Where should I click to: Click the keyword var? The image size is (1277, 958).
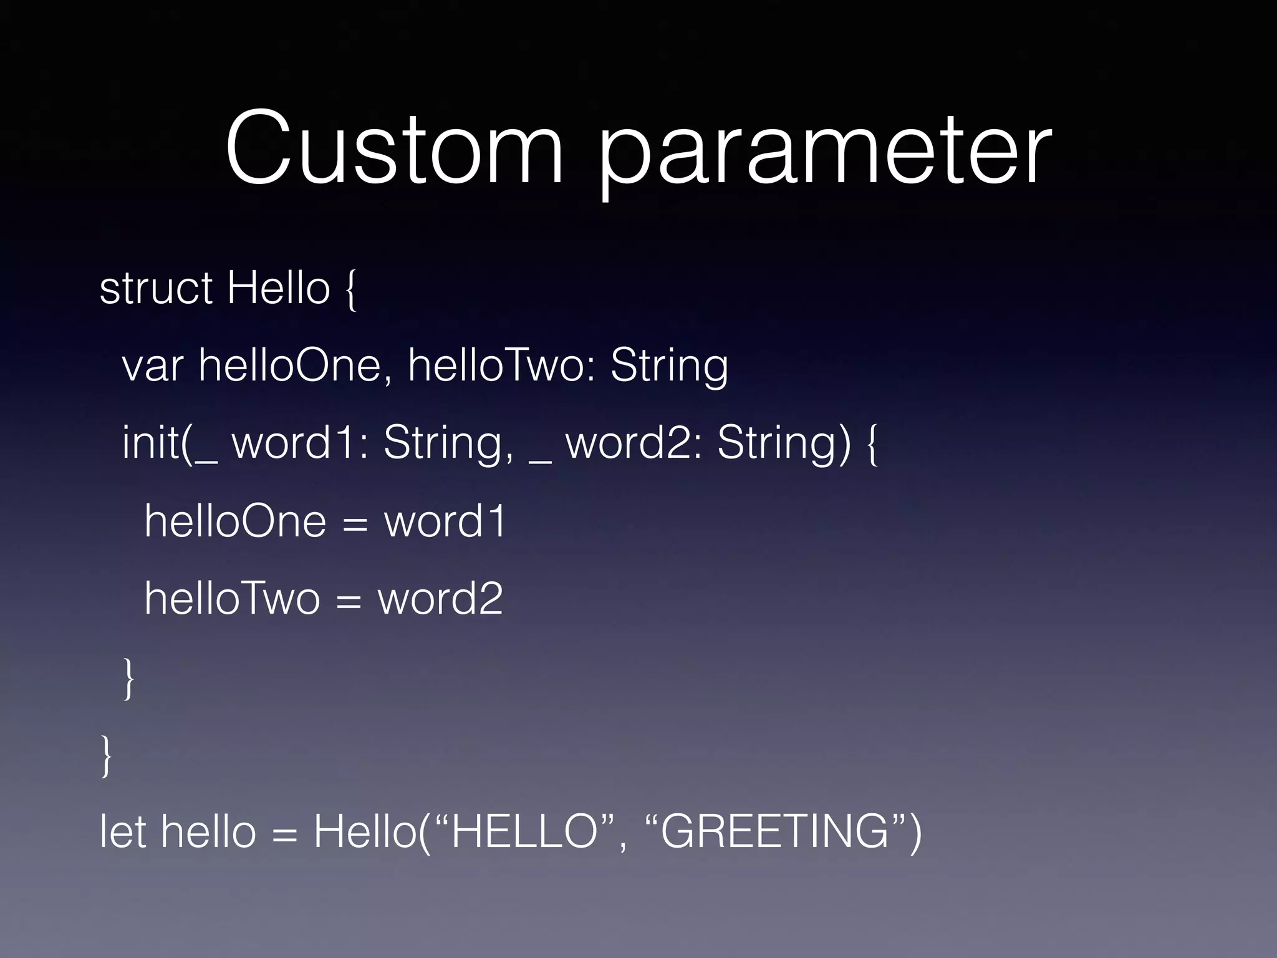pos(152,365)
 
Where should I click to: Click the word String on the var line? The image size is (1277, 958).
pos(668,367)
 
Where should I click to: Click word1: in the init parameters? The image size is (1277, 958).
pos(299,443)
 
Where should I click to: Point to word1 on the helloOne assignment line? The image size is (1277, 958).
pos(444,521)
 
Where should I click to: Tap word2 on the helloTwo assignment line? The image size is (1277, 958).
pos(440,599)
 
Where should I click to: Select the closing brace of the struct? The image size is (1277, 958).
pos(106,755)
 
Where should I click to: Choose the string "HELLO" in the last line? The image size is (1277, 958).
pos(524,832)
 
